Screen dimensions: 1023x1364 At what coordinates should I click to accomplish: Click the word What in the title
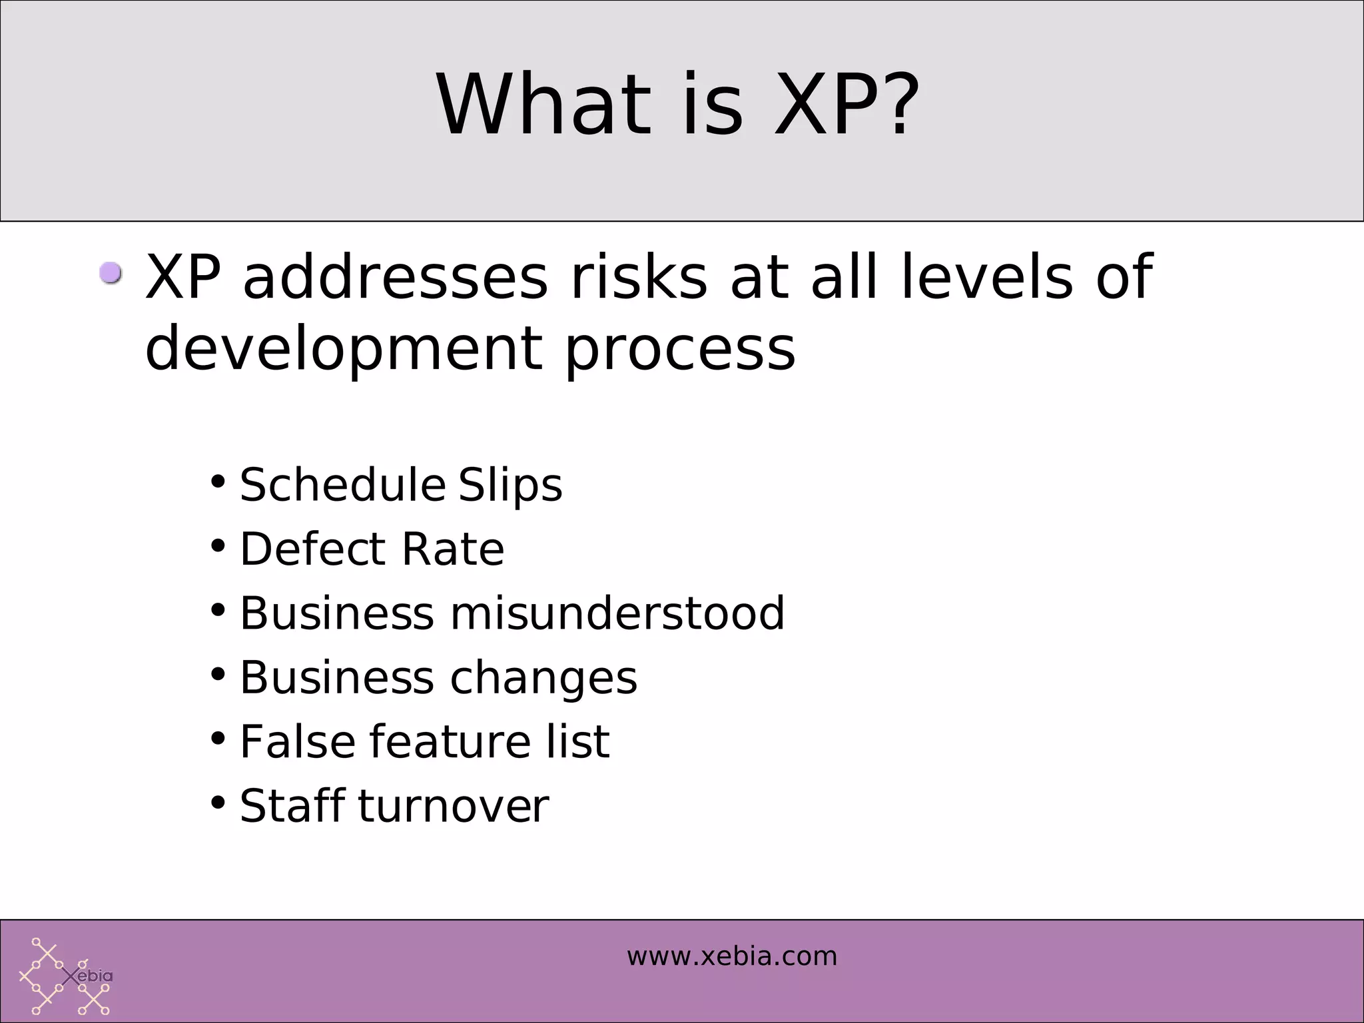tap(543, 105)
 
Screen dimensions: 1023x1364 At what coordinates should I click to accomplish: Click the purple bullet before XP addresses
tap(111, 273)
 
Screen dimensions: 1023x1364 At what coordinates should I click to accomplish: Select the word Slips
tap(510, 486)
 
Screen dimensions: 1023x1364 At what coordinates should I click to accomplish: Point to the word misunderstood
tap(617, 613)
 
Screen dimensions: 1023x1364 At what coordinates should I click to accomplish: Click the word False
tap(298, 741)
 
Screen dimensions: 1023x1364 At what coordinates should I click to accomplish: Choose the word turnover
tap(454, 806)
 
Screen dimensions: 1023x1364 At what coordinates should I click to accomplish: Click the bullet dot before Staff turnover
tap(218, 803)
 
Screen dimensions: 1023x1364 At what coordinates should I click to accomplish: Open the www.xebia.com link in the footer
tap(731, 956)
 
